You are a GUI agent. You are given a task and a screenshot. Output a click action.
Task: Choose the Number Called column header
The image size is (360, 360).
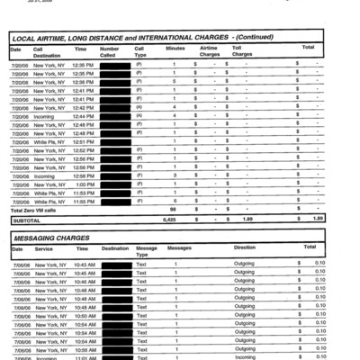(x=109, y=51)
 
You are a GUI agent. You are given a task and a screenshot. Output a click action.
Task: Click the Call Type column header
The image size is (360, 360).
(x=139, y=51)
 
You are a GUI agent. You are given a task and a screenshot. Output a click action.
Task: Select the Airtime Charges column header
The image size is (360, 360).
(x=208, y=51)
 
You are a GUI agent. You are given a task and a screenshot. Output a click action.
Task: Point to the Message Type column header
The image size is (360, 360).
(x=146, y=251)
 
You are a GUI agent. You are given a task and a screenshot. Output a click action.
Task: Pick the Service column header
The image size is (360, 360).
(x=44, y=247)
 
